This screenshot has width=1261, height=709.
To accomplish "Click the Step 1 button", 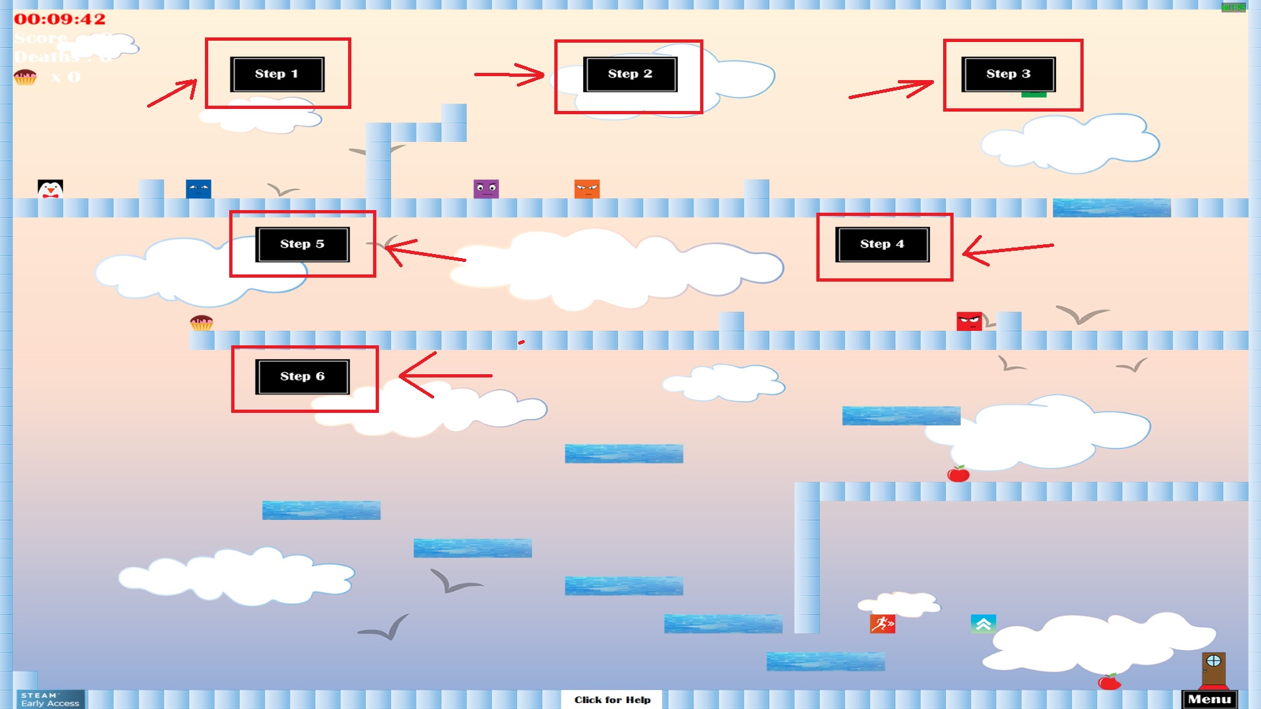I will tap(277, 74).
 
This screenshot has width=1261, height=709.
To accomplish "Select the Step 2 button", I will tap(630, 74).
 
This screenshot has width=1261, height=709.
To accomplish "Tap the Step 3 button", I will tap(1008, 74).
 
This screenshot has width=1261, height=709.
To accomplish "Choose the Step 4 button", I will tap(882, 244).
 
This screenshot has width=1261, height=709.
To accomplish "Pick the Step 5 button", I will tap(302, 244).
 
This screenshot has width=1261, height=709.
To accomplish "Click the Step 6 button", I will tap(302, 377).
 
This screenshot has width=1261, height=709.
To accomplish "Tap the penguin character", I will tap(50, 189).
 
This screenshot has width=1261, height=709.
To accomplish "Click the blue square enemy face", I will tap(198, 189).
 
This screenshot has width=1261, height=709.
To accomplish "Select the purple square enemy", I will tap(486, 189).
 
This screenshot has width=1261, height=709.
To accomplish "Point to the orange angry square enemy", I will tap(586, 189).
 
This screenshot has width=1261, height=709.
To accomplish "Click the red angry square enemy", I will tap(969, 321).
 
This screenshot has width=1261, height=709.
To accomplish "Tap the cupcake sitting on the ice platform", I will tap(202, 322).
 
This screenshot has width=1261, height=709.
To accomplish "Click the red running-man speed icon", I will tap(882, 624).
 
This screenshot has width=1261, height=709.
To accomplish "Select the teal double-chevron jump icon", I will tap(983, 624).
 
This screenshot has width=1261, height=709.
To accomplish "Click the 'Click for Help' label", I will tap(612, 700).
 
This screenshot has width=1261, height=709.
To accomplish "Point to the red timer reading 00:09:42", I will tap(60, 20).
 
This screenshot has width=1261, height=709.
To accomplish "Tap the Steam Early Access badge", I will tap(50, 699).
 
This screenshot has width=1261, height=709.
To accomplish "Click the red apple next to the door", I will tap(1109, 682).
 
